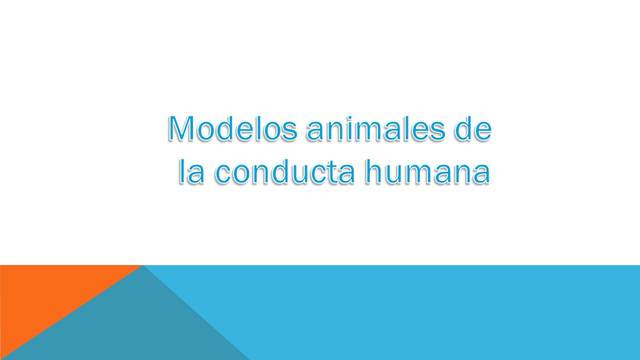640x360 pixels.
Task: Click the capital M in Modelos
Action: click(x=180, y=131)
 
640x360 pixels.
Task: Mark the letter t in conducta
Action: click(x=328, y=173)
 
